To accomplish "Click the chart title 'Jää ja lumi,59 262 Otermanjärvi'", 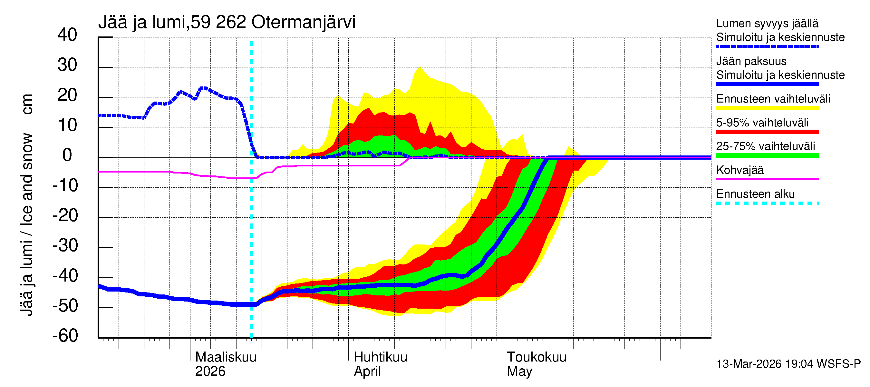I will click(227, 22).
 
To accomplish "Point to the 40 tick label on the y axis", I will click(67, 35).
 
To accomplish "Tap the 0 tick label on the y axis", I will click(67, 155).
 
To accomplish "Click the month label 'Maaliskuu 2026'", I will click(226, 364).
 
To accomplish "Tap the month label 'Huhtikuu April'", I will click(380, 364).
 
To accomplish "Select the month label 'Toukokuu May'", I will click(536, 364).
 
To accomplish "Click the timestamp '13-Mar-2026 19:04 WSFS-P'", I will click(788, 364).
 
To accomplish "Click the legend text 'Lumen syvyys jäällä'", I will click(767, 23).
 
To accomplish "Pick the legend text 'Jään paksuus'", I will click(751, 61).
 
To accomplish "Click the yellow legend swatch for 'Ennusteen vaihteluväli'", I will click(767, 108).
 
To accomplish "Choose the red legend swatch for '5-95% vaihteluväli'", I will click(767, 132).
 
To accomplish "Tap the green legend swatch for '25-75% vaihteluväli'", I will click(767, 155).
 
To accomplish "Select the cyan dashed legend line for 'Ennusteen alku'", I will click(767, 203).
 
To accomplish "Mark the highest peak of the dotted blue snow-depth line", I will click(203, 88).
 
